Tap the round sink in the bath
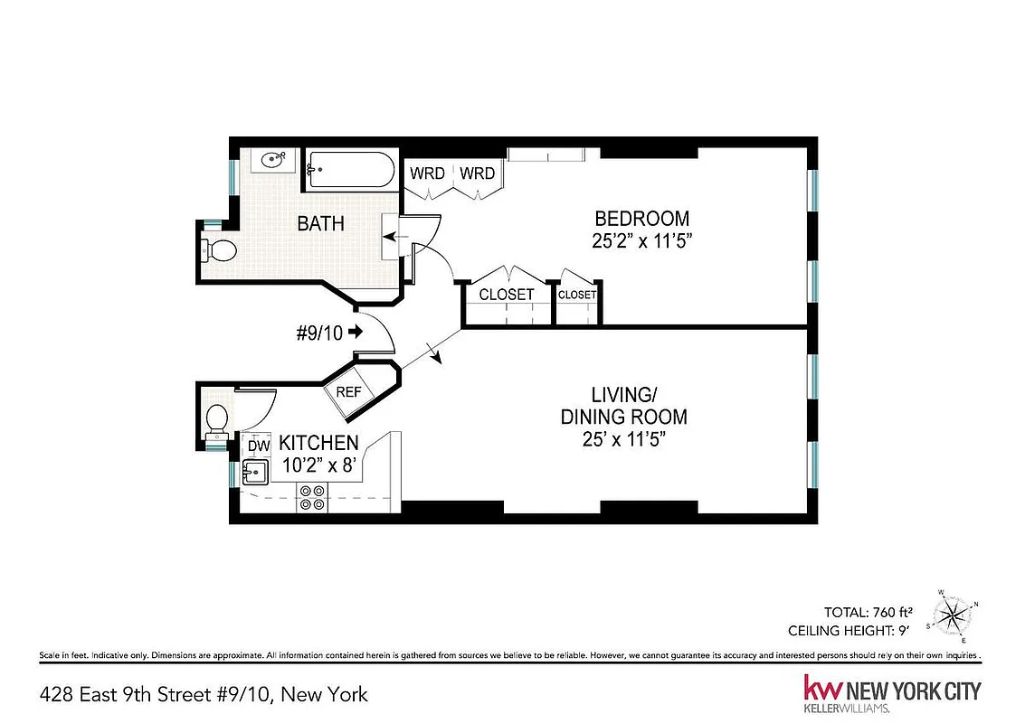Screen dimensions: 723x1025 click(271, 161)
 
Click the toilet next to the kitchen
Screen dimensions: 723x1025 click(216, 420)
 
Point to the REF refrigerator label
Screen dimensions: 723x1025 click(349, 392)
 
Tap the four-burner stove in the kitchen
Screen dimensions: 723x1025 click(313, 498)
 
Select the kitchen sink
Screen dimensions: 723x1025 click(252, 472)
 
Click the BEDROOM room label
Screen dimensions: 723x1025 click(641, 219)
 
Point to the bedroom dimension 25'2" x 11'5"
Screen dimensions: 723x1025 click(641, 240)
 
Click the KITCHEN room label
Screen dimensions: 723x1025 click(318, 444)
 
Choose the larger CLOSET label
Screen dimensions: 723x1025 click(507, 295)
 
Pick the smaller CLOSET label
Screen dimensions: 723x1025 click(577, 295)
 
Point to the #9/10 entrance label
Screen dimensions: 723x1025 click(320, 333)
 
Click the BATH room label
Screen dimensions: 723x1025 click(320, 223)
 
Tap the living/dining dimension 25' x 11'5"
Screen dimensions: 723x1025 click(623, 439)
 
